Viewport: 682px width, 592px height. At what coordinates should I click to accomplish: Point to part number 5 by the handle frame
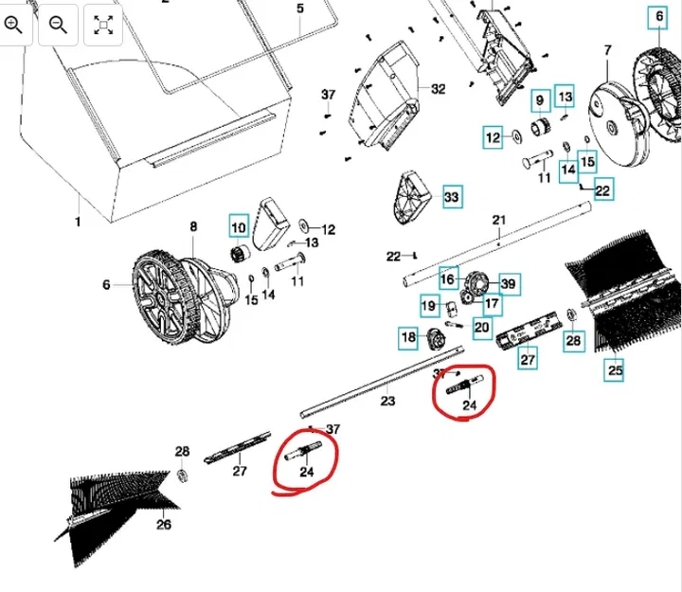pos(300,9)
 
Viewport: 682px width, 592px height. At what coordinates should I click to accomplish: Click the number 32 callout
pos(437,89)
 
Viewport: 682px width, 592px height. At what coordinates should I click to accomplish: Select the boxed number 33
pos(451,197)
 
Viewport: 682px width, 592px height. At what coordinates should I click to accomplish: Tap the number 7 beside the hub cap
pos(609,49)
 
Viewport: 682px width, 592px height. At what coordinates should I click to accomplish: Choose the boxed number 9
pos(539,99)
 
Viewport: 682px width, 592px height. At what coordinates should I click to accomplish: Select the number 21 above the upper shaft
pos(499,221)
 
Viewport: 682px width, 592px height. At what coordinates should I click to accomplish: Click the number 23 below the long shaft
pos(387,402)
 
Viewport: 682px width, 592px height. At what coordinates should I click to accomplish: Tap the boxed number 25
pos(616,370)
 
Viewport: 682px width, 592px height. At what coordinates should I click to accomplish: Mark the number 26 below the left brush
pos(163,524)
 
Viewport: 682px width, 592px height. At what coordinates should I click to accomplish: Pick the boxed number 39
pos(509,284)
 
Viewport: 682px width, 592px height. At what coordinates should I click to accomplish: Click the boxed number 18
pos(408,337)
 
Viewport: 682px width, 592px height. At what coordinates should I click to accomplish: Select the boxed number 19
pos(429,306)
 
